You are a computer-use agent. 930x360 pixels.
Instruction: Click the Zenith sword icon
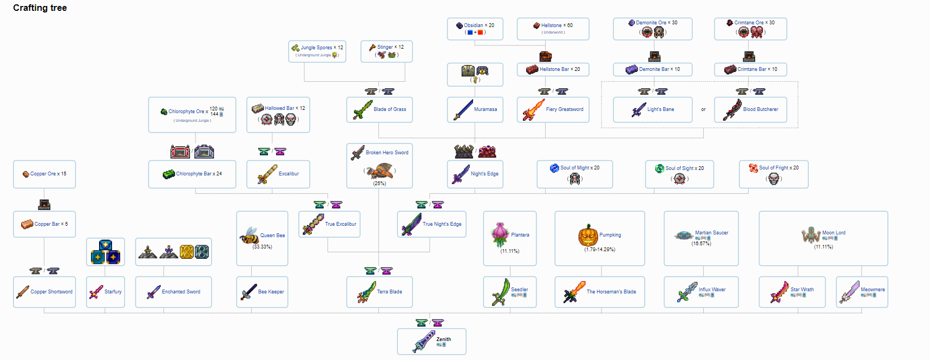click(424, 342)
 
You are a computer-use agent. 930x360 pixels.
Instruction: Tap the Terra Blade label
click(389, 292)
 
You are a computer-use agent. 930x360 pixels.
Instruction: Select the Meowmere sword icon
click(849, 292)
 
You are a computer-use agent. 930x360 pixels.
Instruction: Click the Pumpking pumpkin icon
click(588, 235)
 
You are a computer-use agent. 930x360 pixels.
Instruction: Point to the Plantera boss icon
click(500, 234)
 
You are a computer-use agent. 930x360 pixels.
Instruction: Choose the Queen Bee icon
click(249, 235)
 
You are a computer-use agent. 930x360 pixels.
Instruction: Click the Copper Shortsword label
click(51, 292)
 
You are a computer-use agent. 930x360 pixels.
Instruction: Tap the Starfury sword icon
click(96, 292)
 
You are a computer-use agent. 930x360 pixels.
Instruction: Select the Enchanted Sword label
click(181, 292)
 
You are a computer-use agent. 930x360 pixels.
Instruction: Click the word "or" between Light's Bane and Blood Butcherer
click(703, 109)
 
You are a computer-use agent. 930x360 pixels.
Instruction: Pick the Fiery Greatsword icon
click(533, 110)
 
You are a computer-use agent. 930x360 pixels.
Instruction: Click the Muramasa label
click(485, 109)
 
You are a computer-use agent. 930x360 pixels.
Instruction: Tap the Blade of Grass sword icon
click(362, 110)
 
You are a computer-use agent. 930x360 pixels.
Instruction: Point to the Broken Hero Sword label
click(387, 153)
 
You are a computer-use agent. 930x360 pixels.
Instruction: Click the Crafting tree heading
click(40, 8)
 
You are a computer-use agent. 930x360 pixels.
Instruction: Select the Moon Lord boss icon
click(811, 235)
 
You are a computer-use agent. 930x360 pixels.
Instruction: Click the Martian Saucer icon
click(684, 235)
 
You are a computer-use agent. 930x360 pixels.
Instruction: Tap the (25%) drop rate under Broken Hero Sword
click(379, 184)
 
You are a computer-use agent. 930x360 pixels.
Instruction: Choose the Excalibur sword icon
click(267, 174)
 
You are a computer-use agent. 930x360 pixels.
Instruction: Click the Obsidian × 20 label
click(479, 25)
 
